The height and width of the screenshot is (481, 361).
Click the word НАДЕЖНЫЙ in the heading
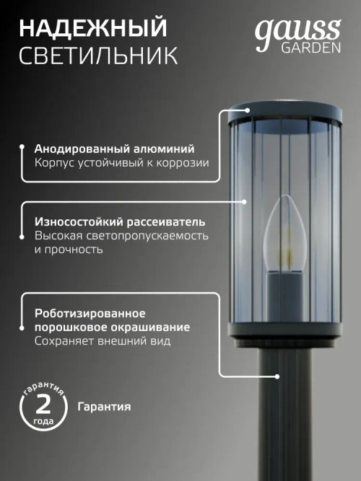(x=92, y=29)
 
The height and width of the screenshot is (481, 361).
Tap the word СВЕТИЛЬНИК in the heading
(x=99, y=56)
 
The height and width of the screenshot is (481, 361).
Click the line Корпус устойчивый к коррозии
(x=121, y=163)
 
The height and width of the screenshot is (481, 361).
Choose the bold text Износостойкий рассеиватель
(x=120, y=221)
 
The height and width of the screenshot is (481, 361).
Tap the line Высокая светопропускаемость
(x=121, y=236)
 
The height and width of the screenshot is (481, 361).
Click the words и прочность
(x=69, y=250)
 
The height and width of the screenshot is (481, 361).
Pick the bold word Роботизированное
(x=90, y=314)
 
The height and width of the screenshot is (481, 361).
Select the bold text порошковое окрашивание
(x=113, y=327)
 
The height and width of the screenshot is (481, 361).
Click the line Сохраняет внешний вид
(x=103, y=341)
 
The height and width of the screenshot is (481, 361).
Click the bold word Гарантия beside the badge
(x=104, y=407)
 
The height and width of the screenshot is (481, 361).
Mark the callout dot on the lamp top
(x=248, y=110)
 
